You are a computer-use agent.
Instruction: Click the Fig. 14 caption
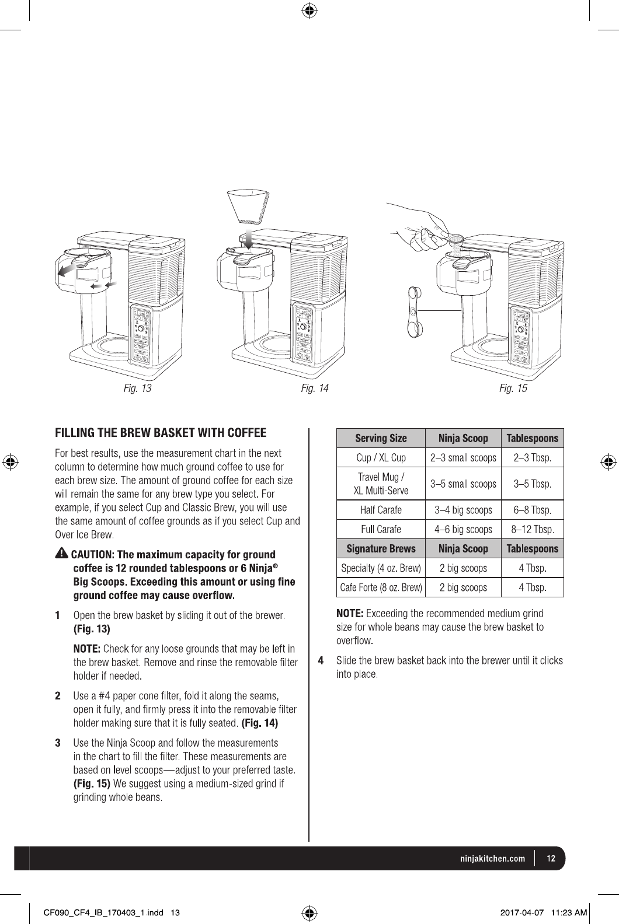click(x=315, y=388)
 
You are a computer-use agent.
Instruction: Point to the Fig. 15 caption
click(x=513, y=388)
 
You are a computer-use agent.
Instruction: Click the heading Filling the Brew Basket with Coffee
click(x=161, y=433)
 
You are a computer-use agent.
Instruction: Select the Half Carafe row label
click(x=381, y=510)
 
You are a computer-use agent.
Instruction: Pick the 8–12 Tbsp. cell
click(x=532, y=530)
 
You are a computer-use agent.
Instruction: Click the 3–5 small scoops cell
click(x=463, y=484)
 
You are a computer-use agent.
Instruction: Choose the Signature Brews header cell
click(x=381, y=548)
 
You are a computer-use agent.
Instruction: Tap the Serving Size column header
click(x=381, y=438)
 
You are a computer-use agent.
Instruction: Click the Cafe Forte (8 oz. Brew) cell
click(x=381, y=587)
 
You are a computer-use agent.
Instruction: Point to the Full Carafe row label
click(x=381, y=530)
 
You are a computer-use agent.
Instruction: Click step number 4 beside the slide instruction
click(x=321, y=661)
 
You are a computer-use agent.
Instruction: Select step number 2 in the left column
click(x=58, y=696)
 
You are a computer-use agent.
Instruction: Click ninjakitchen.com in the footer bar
click(x=492, y=859)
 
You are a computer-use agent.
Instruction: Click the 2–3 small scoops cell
click(x=463, y=457)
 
